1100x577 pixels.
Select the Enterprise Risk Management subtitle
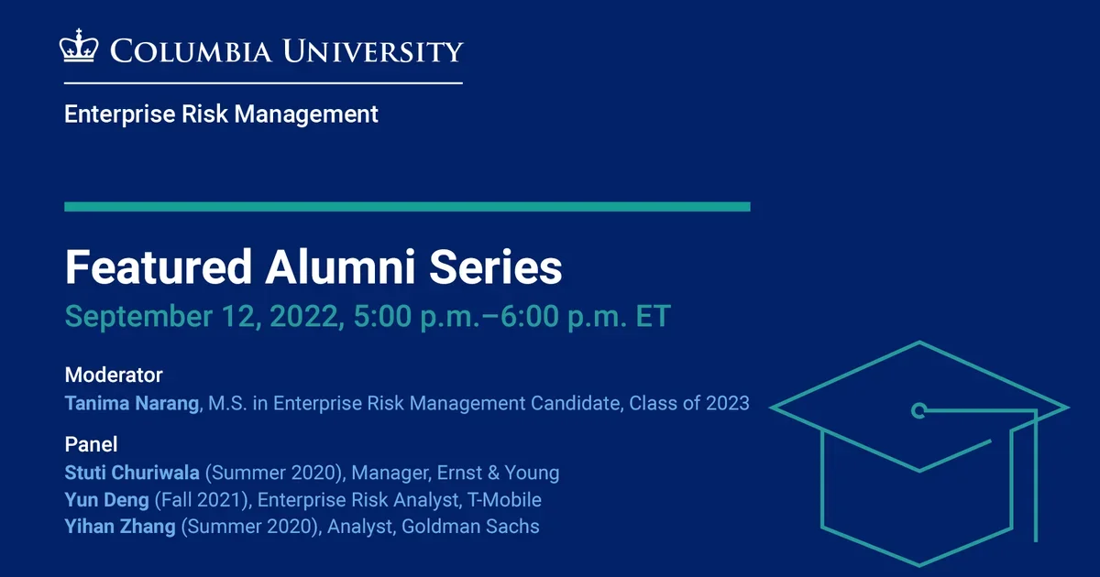pyautogui.click(x=221, y=114)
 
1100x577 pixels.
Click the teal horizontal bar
pyautogui.click(x=407, y=207)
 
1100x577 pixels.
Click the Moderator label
pyautogui.click(x=114, y=375)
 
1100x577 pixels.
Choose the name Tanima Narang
pyautogui.click(x=132, y=403)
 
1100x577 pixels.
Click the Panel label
pyautogui.click(x=91, y=444)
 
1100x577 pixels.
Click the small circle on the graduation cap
pyautogui.click(x=918, y=409)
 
